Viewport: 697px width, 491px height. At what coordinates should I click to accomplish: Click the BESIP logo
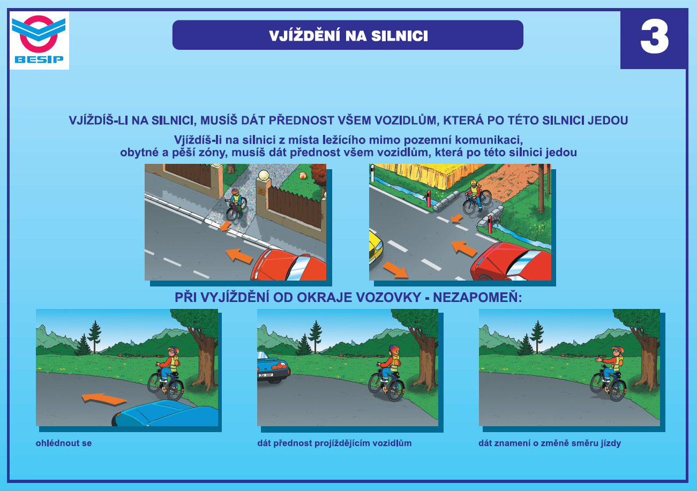pyautogui.click(x=39, y=40)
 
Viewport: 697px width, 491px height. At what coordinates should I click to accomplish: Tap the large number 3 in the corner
pyautogui.click(x=654, y=38)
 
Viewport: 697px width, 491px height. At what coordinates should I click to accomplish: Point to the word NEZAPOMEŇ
pyautogui.click(x=477, y=298)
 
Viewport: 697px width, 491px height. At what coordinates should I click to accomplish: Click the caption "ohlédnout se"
pyautogui.click(x=64, y=443)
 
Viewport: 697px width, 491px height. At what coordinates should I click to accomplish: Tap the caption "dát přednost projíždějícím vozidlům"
pyautogui.click(x=334, y=443)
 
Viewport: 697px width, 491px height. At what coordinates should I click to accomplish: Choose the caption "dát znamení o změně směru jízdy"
pyautogui.click(x=550, y=443)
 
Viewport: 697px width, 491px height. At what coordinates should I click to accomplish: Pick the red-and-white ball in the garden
pyautogui.click(x=303, y=176)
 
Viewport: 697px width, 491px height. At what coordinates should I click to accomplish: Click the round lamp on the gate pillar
pyautogui.click(x=264, y=175)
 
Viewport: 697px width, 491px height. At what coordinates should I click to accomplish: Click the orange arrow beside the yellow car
pyautogui.click(x=395, y=269)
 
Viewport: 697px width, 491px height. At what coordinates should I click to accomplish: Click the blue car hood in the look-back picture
pyautogui.click(x=167, y=413)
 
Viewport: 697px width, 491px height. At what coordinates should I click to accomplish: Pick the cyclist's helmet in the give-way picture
pyautogui.click(x=394, y=349)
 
